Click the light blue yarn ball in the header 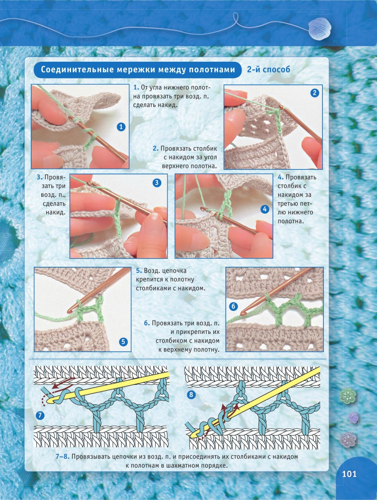pos(319,29)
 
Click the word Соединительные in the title pos(77,70)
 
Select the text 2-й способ pos(269,70)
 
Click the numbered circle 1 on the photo pos(121,127)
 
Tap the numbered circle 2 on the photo pos(315,93)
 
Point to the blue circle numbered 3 pos(157,183)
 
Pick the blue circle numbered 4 pos(264,209)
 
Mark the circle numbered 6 pos(233,306)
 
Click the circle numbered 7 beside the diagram pos(40,415)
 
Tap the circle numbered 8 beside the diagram pos(191,395)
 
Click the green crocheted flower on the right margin pos(347,396)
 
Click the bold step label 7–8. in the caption pos(62,457)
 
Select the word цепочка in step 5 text pos(175,271)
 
